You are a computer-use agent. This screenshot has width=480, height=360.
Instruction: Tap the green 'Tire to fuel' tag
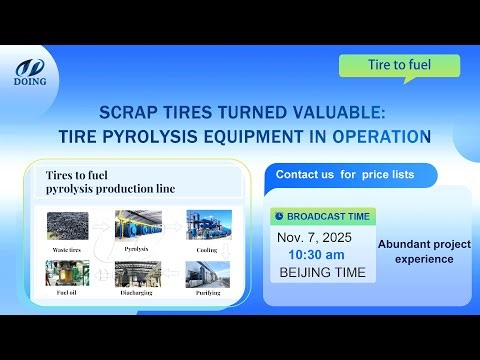(399, 66)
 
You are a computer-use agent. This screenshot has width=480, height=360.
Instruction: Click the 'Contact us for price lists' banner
(345, 175)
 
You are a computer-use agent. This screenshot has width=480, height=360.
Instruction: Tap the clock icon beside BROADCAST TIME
(279, 216)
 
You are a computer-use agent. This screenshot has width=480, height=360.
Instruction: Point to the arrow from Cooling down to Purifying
(207, 253)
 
